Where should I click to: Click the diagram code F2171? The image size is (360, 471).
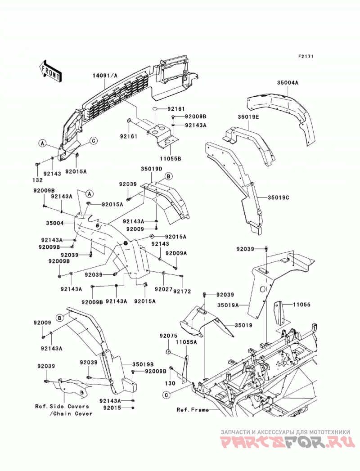[306, 56]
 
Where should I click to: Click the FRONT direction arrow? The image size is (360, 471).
[51, 72]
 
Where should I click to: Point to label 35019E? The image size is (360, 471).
[248, 117]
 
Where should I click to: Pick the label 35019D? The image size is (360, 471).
[151, 169]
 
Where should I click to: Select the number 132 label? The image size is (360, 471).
[38, 180]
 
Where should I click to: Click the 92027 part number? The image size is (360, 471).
[164, 289]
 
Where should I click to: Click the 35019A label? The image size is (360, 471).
[228, 305]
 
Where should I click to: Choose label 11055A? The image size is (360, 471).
[186, 342]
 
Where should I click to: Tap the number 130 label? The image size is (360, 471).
[170, 384]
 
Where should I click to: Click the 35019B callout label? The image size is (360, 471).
[143, 364]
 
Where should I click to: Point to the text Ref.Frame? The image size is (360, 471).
[193, 409]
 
